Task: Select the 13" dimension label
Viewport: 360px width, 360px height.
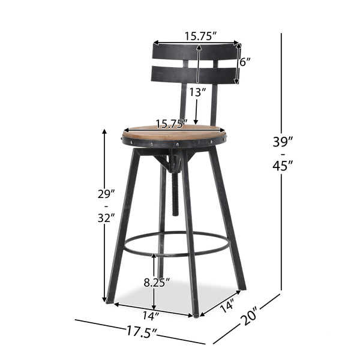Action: tap(197, 92)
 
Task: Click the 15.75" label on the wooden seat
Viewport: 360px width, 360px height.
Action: tap(171, 125)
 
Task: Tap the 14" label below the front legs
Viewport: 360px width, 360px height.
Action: tap(152, 314)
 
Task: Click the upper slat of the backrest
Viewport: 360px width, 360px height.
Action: tap(195, 52)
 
